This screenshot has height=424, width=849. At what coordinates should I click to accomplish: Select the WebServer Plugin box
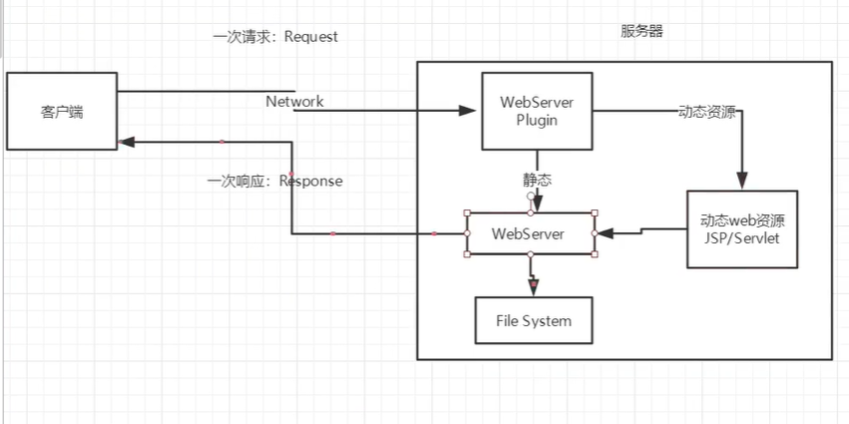point(537,111)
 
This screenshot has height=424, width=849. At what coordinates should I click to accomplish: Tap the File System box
point(534,320)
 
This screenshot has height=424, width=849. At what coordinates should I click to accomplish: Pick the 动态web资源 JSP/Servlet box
point(742,228)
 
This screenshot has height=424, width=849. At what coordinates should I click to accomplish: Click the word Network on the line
point(294,102)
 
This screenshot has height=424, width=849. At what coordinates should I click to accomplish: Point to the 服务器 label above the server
point(641,31)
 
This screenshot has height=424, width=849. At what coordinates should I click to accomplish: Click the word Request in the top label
point(311,37)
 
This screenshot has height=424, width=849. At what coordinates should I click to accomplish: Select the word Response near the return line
point(310,182)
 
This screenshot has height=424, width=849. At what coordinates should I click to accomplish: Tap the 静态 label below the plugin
point(538,181)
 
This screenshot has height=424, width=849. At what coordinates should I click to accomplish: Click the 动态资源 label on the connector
point(706,112)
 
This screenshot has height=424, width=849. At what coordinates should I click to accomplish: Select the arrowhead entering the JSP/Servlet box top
point(742,183)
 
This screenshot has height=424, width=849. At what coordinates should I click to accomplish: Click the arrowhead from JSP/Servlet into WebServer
point(604,233)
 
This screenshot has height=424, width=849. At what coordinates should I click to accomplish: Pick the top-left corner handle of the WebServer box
point(468,212)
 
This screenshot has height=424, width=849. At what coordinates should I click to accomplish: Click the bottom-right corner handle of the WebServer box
point(595,254)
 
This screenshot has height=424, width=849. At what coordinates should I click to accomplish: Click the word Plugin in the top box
point(537,121)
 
